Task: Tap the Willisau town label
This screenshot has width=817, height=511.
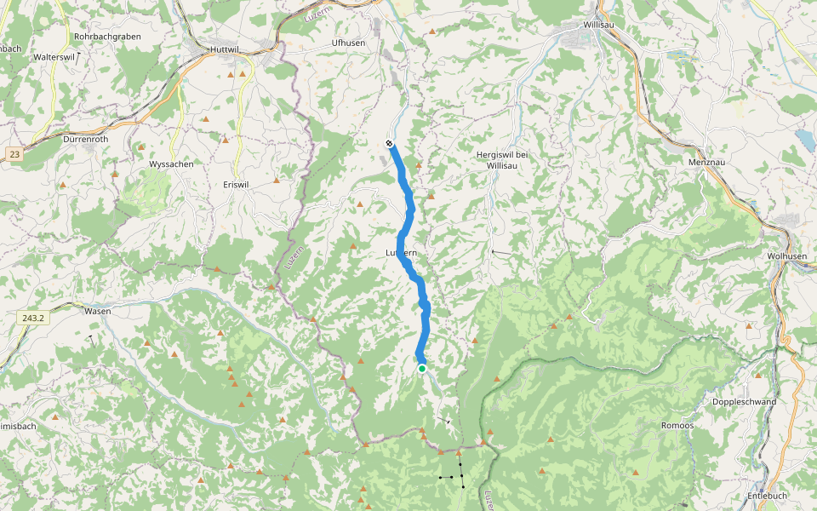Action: point(599,26)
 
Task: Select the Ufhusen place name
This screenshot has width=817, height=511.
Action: point(348,42)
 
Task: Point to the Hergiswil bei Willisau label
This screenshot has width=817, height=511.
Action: point(501,159)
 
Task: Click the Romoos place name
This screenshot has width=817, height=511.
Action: point(677,425)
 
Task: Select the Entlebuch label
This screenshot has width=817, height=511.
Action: point(767,496)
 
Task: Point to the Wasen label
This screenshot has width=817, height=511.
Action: point(98,312)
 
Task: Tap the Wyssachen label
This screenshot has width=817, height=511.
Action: point(171,164)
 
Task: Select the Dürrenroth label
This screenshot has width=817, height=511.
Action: point(88,138)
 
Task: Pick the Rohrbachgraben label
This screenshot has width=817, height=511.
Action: point(107,37)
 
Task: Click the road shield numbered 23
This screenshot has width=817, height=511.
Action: point(14,154)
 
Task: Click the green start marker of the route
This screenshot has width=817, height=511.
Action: point(421,368)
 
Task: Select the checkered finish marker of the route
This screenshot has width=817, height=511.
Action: point(389,143)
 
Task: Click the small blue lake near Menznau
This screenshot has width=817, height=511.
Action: point(803,140)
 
